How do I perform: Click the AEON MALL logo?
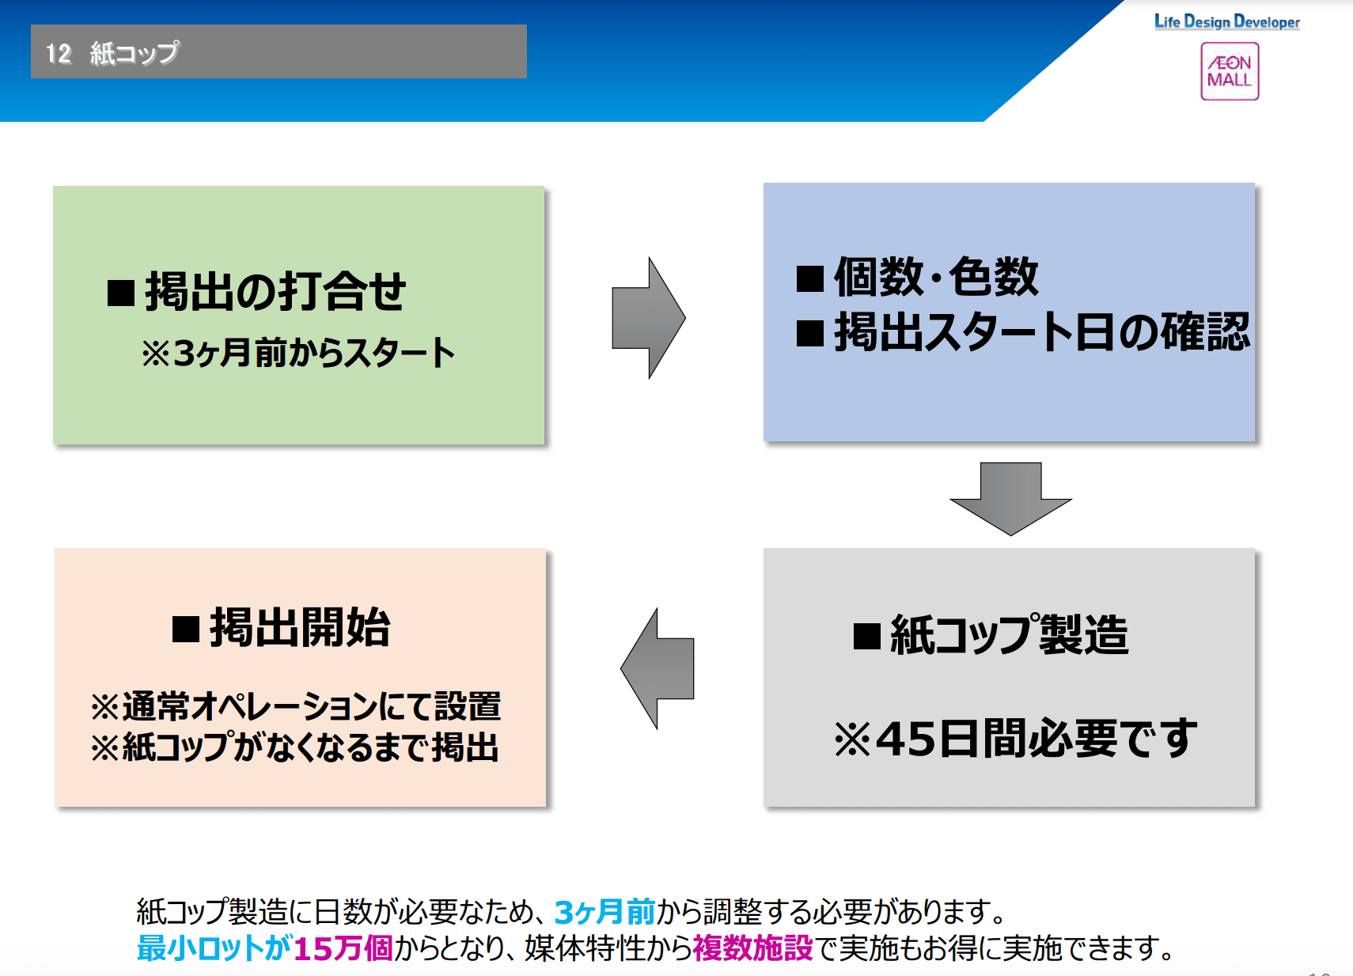1229,71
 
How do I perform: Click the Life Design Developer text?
1226,22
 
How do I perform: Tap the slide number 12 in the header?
59,53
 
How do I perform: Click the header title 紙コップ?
135,53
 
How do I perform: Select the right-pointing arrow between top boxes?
648,318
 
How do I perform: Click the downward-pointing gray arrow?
1010,498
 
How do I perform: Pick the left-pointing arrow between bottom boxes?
658,668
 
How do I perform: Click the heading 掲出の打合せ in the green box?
275,291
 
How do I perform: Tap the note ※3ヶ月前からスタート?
298,353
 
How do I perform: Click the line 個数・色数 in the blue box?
935,277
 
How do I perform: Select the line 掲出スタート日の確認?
1041,331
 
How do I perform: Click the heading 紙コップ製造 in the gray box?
1009,634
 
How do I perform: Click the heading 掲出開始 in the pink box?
300,628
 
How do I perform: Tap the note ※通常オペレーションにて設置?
295,706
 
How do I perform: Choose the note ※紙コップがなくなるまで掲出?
294,747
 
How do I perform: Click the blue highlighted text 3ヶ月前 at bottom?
604,912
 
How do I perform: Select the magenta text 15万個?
343,948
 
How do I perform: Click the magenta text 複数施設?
752,948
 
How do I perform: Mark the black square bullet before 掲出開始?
186,630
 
